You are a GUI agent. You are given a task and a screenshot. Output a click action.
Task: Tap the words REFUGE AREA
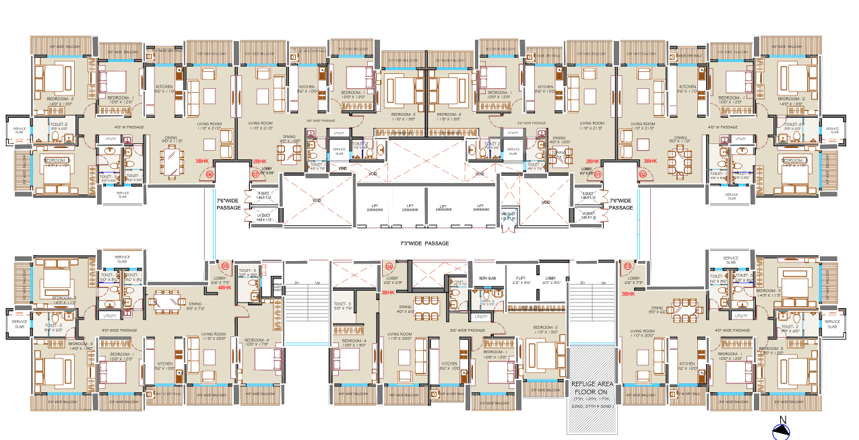(592, 386)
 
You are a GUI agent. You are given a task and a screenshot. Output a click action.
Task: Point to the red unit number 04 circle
(389, 266)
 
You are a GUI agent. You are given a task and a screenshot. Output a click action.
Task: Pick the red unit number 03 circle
(628, 266)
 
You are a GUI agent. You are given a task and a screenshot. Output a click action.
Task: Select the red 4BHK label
(224, 287)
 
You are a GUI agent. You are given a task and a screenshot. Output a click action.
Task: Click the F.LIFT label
(521, 280)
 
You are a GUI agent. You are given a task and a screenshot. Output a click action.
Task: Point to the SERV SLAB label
(487, 279)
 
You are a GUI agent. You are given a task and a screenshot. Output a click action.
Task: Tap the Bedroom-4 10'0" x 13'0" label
(354, 343)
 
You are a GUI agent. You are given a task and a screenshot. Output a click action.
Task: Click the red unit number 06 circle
(210, 174)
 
